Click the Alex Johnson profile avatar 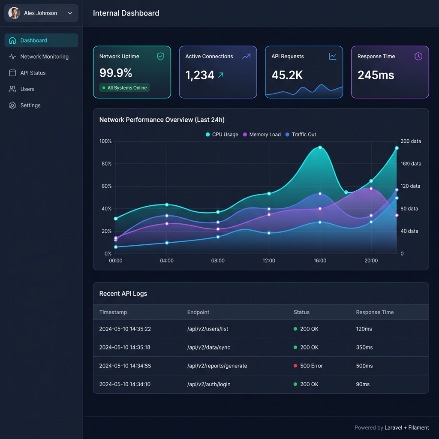point(14,13)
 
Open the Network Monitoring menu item point(44,57)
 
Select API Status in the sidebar point(33,73)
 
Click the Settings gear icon point(12,105)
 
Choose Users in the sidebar point(27,89)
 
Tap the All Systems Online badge point(124,88)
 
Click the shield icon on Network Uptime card point(160,57)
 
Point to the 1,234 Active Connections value point(200,75)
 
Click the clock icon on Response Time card point(418,57)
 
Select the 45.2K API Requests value point(287,75)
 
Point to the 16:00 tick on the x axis point(320,261)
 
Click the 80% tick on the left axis point(105,164)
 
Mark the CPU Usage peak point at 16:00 point(320,147)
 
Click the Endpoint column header point(198,312)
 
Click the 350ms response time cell point(364,347)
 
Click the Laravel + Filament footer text point(406,427)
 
